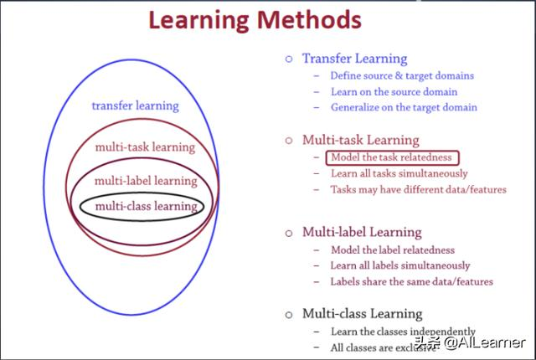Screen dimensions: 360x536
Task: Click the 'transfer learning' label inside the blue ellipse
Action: pos(135,105)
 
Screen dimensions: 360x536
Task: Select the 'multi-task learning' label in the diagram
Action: pos(145,147)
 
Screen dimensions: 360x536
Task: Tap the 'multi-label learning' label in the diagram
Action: pos(146,180)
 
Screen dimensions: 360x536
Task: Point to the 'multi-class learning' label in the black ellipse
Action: pos(146,205)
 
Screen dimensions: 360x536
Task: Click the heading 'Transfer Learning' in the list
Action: pos(354,59)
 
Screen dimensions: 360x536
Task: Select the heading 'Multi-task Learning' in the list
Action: pos(360,140)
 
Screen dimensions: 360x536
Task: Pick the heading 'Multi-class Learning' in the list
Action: pos(362,313)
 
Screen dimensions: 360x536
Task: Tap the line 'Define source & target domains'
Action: pos(402,75)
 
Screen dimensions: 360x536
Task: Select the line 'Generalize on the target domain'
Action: pos(404,107)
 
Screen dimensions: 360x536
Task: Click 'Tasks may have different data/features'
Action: pos(418,189)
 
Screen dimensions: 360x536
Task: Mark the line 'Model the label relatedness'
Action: pos(393,249)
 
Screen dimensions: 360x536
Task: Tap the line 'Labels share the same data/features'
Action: pos(411,281)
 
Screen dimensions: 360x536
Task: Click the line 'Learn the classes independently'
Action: pos(403,331)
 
